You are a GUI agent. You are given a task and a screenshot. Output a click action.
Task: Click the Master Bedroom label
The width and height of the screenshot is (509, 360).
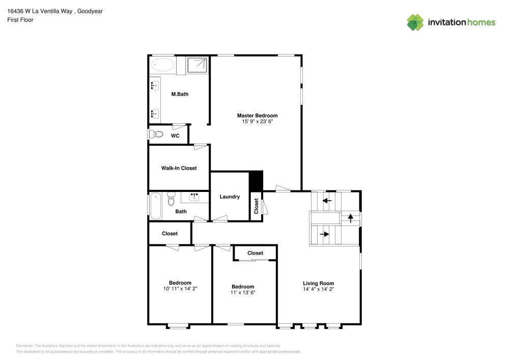point(257,116)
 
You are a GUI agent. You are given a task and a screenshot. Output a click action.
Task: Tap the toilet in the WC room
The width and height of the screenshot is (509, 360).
point(156,134)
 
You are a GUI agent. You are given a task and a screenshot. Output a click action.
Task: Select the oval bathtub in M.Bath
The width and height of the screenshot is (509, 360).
point(163,65)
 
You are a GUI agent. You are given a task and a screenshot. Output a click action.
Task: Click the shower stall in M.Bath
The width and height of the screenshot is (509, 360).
point(197,65)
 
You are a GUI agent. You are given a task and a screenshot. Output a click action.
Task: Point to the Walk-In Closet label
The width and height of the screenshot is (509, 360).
point(179,168)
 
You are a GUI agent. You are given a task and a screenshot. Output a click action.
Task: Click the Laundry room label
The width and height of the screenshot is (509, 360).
point(230,197)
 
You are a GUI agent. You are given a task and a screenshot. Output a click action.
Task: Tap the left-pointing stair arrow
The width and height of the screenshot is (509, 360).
point(327,201)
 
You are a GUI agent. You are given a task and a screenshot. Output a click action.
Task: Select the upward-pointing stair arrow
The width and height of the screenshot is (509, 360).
point(351,218)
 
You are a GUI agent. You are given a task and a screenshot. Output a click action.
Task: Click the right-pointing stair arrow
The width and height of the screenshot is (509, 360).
point(325,234)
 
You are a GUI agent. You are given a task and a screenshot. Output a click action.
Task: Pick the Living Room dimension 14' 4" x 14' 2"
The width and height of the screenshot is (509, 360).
point(318,289)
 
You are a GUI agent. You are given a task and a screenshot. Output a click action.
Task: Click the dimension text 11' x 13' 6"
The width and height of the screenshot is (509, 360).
point(243,292)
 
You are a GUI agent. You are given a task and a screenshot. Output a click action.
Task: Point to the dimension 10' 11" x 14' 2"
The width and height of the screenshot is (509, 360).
point(180,289)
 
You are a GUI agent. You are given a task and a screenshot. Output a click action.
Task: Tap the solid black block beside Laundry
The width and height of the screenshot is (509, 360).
point(256,181)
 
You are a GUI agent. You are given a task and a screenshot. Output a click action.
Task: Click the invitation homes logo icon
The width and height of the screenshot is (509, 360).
point(415,22)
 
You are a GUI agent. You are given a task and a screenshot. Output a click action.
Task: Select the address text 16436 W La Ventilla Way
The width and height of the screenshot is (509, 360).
point(40,11)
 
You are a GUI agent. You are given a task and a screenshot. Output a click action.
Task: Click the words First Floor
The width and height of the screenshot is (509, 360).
point(20,20)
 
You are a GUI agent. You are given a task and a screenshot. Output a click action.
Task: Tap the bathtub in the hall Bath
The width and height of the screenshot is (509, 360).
point(156,206)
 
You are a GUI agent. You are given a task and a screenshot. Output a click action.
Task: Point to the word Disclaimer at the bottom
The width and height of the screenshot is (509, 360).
point(24,346)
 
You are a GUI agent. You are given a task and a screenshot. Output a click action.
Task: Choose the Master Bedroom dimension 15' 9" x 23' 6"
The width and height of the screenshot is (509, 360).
point(258,121)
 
